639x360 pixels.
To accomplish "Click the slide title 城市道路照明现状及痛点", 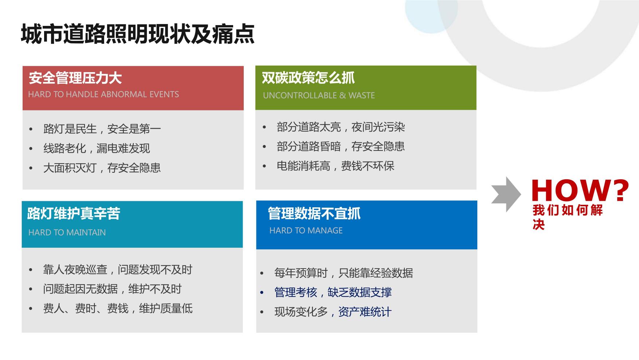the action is tap(137, 34).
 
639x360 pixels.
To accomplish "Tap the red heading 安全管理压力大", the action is tap(75, 78).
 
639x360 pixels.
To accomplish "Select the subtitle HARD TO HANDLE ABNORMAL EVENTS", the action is tap(103, 94).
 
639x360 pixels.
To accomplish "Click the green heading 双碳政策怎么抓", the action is tap(308, 78).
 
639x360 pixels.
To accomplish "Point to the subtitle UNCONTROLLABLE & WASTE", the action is tap(319, 95).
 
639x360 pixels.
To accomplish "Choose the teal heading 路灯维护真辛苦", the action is tap(74, 214).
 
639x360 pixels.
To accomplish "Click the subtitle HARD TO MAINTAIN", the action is tap(67, 232).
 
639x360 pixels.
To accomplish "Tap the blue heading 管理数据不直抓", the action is tap(314, 214).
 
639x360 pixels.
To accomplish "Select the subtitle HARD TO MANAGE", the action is tap(306, 231).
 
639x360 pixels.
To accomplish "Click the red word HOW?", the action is tap(580, 190).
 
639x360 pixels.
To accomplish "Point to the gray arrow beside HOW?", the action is tap(506, 194).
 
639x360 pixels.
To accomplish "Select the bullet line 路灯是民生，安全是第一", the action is tap(102, 129).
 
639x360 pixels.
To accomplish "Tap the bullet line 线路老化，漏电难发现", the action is tap(97, 148).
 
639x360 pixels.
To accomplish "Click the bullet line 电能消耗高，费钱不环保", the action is tap(336, 166).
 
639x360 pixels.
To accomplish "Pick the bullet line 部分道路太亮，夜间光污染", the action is tap(341, 127).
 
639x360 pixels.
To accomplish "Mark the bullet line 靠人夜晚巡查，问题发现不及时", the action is tap(118, 270).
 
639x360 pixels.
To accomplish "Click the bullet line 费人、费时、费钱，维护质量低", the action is tap(118, 309).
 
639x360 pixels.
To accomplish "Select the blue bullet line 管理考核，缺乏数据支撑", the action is tap(333, 292).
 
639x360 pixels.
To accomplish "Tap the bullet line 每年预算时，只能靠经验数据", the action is tap(344, 273).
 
